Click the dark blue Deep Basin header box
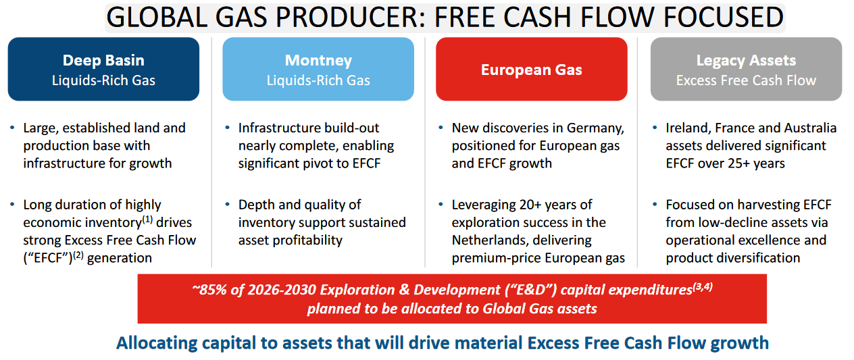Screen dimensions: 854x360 (103, 69)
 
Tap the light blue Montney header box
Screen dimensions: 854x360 (318, 69)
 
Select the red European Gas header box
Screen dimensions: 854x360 (532, 69)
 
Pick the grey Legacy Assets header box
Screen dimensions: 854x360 (746, 69)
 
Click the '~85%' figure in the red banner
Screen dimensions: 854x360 (209, 290)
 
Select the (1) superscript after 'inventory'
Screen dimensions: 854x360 (147, 220)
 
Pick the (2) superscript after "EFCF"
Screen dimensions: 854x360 (78, 255)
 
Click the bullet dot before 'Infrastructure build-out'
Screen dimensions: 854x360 (227, 128)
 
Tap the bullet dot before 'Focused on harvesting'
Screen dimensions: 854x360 (655, 205)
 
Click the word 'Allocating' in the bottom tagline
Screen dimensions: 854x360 (157, 343)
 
